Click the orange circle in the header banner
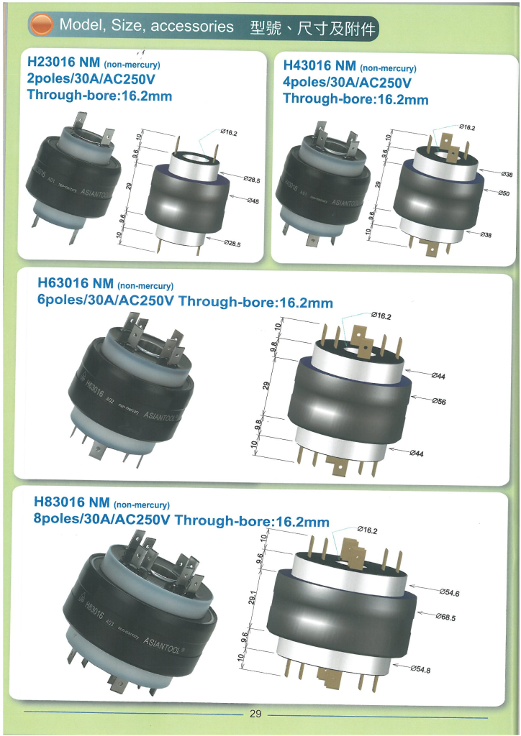pyautogui.click(x=41, y=25)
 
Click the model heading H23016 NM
pyautogui.click(x=63, y=62)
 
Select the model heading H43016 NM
pyautogui.click(x=320, y=65)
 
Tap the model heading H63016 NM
pyautogui.click(x=75, y=283)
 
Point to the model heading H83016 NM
pyautogui.click(x=72, y=502)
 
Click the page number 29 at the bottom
pyautogui.click(x=255, y=714)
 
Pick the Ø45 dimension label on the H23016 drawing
pyautogui.click(x=253, y=201)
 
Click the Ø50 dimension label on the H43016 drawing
pyautogui.click(x=504, y=193)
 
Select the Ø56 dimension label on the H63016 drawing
pyautogui.click(x=439, y=401)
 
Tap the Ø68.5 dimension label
pyautogui.click(x=445, y=617)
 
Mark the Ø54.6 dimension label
pyautogui.click(x=449, y=592)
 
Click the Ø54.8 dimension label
pyautogui.click(x=420, y=669)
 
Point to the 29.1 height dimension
pyautogui.click(x=253, y=597)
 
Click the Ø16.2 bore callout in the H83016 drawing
pyautogui.click(x=367, y=530)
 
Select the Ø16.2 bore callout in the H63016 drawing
pyautogui.click(x=381, y=316)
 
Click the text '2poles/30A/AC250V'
pyautogui.click(x=91, y=78)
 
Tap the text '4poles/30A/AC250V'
pyautogui.click(x=347, y=82)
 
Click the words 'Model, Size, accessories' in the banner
pyautogui.click(x=146, y=25)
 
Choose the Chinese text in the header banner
pyautogui.click(x=313, y=28)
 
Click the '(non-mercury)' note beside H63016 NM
pyautogui.click(x=145, y=286)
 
